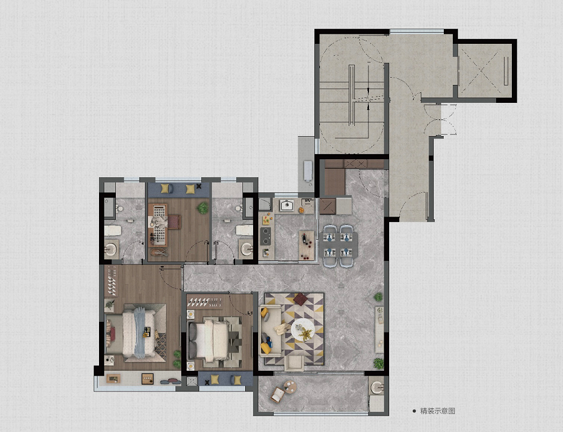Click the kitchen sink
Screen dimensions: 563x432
pyautogui.click(x=287, y=205)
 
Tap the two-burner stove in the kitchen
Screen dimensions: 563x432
pyautogui.click(x=265, y=236)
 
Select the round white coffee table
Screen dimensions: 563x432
pyautogui.click(x=303, y=329)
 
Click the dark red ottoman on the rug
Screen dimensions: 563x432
pyautogui.click(x=300, y=299)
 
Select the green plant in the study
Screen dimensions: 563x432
pyautogui.click(x=203, y=208)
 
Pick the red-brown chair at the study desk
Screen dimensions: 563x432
pyautogui.click(x=174, y=222)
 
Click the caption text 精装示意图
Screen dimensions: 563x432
pyautogui.click(x=438, y=411)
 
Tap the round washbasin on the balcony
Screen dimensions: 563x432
pyautogui.click(x=376, y=388)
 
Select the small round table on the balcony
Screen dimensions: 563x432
pyautogui.click(x=290, y=387)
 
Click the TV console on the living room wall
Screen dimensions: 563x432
pyautogui.click(x=379, y=330)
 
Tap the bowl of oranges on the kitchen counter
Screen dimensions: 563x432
pyautogui.click(x=301, y=210)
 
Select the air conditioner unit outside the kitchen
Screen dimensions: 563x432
pyautogui.click(x=308, y=170)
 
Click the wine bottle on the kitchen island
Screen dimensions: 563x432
pyautogui.click(x=304, y=237)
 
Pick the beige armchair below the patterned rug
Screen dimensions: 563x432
pyautogui.click(x=294, y=363)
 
